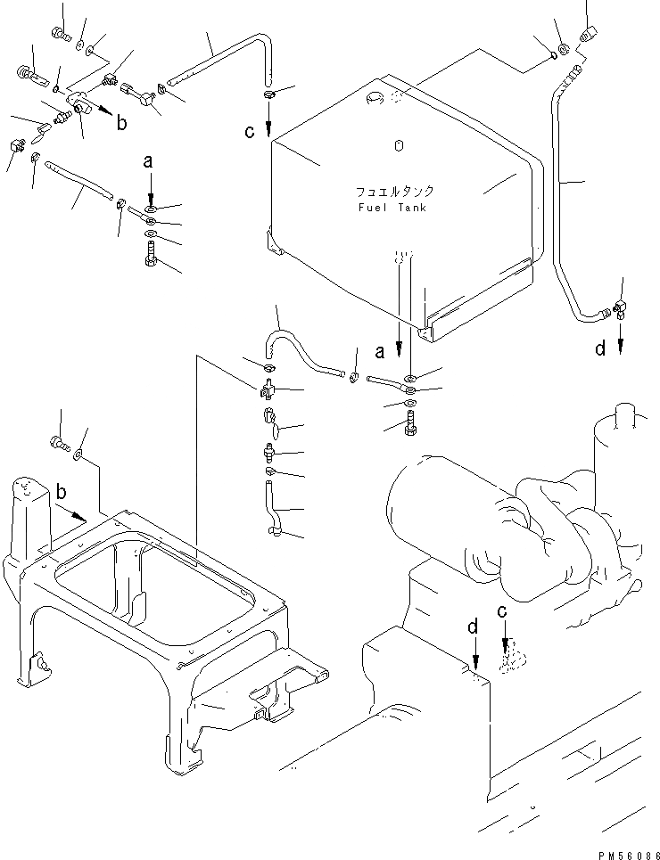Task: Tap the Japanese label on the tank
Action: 393,191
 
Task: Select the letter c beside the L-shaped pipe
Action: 250,132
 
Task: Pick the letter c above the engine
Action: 503,612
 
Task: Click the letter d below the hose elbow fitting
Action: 600,349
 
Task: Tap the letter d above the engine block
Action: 474,627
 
